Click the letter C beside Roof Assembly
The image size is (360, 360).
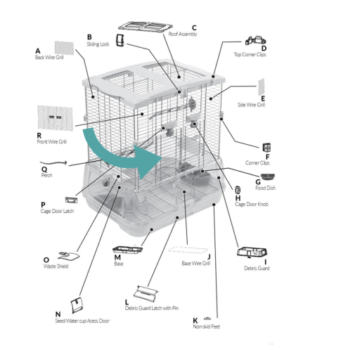[x=194, y=28]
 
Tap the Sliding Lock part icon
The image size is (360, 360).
[x=120, y=40]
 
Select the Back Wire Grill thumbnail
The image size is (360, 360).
[x=64, y=48]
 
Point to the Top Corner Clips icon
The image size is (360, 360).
[x=255, y=41]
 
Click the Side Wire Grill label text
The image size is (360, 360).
[x=251, y=105]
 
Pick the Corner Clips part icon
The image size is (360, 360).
[x=266, y=148]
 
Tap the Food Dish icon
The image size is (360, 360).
[x=267, y=176]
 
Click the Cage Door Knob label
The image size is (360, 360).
[x=252, y=204]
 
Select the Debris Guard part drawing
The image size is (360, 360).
[x=252, y=252]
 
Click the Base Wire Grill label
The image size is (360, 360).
[x=196, y=263]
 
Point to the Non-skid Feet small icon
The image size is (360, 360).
[x=207, y=319]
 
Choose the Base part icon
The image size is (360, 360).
[x=127, y=250]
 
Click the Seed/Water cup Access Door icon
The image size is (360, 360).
[x=77, y=305]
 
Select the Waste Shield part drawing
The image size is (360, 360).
[x=68, y=256]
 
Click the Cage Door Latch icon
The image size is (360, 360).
[x=71, y=200]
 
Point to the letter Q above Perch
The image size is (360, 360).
[x=44, y=169]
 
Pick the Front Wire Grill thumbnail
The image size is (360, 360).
[x=56, y=118]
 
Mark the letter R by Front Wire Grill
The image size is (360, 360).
[x=39, y=136]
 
